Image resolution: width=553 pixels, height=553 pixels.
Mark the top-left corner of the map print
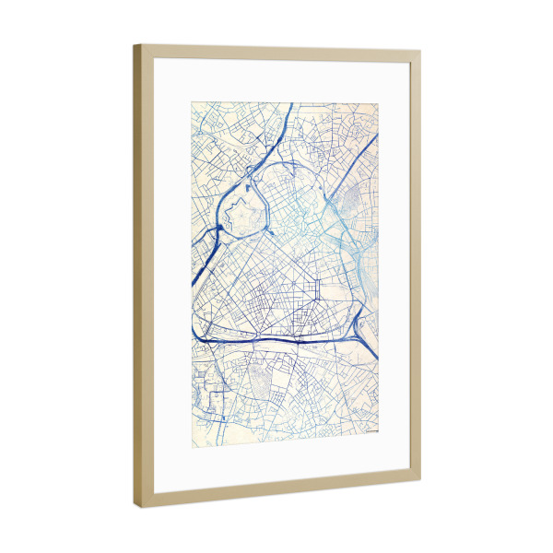pos(192,102)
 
